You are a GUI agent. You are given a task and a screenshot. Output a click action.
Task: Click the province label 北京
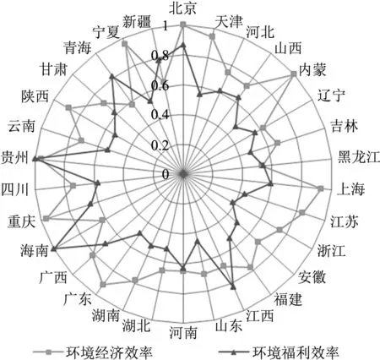coord(182,8)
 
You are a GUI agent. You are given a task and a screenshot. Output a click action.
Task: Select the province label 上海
coord(350,188)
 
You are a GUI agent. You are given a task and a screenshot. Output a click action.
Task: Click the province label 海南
coord(34,250)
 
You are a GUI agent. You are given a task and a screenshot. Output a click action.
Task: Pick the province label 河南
coord(183,332)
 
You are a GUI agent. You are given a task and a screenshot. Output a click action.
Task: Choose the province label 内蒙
coord(312,69)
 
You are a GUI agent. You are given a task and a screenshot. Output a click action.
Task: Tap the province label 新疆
coord(137,22)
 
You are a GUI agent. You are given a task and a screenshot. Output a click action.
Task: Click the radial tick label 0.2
coord(160,145)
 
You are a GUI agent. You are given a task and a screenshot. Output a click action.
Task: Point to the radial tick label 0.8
coord(160,56)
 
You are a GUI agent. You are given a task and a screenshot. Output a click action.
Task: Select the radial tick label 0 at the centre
coord(166,174)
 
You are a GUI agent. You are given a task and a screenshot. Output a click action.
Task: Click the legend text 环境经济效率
coord(109,352)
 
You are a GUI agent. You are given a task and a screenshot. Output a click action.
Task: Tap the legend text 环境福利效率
coord(296,352)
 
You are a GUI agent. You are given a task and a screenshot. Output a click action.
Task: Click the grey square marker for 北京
coord(183,25)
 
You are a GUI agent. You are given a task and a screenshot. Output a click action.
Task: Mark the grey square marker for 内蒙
coord(293,74)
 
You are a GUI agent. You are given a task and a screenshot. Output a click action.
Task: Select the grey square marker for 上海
coord(320,188)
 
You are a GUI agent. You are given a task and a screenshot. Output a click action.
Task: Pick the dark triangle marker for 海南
coord(54,248)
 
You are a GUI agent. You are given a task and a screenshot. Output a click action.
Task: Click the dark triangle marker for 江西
coord(232,287)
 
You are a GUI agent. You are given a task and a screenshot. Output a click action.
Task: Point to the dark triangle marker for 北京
coord(183,45)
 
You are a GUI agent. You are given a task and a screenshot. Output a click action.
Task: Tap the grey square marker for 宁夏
coord(124,44)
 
